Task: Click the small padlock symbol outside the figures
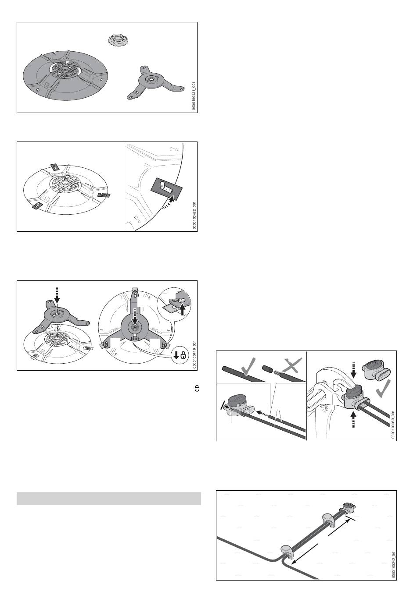coord(197,388)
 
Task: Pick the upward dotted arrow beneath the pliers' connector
coord(354,419)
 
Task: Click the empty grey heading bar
coord(109,499)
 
